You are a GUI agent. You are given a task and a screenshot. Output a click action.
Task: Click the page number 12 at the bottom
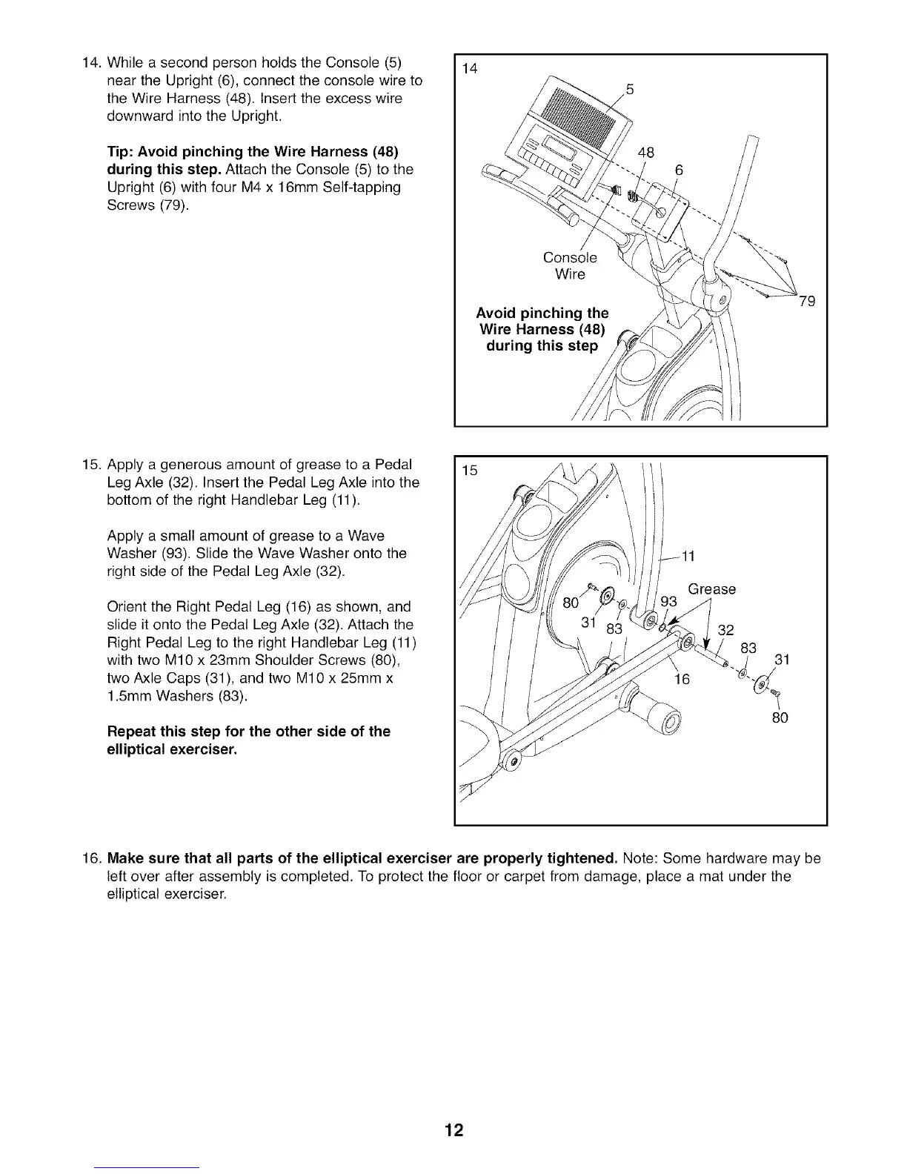[453, 1130]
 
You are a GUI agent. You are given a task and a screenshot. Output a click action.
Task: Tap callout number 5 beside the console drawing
[630, 90]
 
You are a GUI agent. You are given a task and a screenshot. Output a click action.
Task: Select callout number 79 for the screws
[807, 302]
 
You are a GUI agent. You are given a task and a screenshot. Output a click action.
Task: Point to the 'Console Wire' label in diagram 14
[570, 266]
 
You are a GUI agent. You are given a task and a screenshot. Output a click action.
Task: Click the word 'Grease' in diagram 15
[711, 589]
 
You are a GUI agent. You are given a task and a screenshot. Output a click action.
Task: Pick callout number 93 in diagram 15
[669, 602]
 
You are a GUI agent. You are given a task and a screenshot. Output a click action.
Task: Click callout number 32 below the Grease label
[726, 631]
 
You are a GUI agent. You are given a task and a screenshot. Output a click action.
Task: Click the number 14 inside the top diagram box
[469, 70]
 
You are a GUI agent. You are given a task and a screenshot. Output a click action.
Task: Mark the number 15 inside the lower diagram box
[469, 471]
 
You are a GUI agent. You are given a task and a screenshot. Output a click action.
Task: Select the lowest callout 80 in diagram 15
[779, 717]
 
